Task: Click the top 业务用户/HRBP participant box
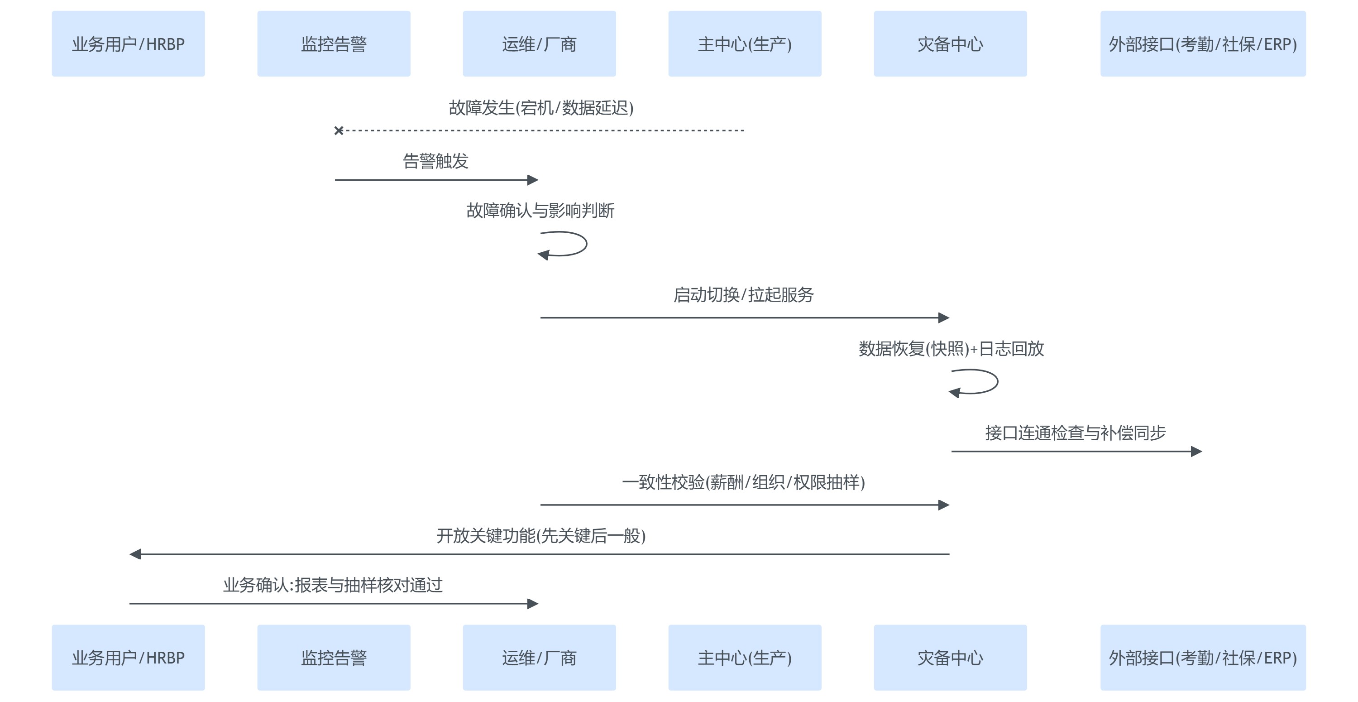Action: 128,44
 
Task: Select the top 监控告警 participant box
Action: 334,44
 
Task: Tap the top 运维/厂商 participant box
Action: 539,44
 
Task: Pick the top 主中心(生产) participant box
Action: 745,44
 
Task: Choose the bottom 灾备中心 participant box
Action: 950,657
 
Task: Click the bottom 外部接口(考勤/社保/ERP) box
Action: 1203,657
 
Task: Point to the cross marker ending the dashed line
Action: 339,130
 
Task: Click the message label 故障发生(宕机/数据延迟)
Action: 541,108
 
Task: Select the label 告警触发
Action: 435,161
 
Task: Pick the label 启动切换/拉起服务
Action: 743,295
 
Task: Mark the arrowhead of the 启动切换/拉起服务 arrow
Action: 944,317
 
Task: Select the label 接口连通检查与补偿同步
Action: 1076,433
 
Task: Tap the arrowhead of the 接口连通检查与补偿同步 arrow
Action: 1197,452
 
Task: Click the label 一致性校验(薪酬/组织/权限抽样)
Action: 743,482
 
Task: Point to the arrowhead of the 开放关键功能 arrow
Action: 135,554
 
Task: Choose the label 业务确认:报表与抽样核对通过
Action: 333,585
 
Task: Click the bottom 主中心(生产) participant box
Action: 745,657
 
